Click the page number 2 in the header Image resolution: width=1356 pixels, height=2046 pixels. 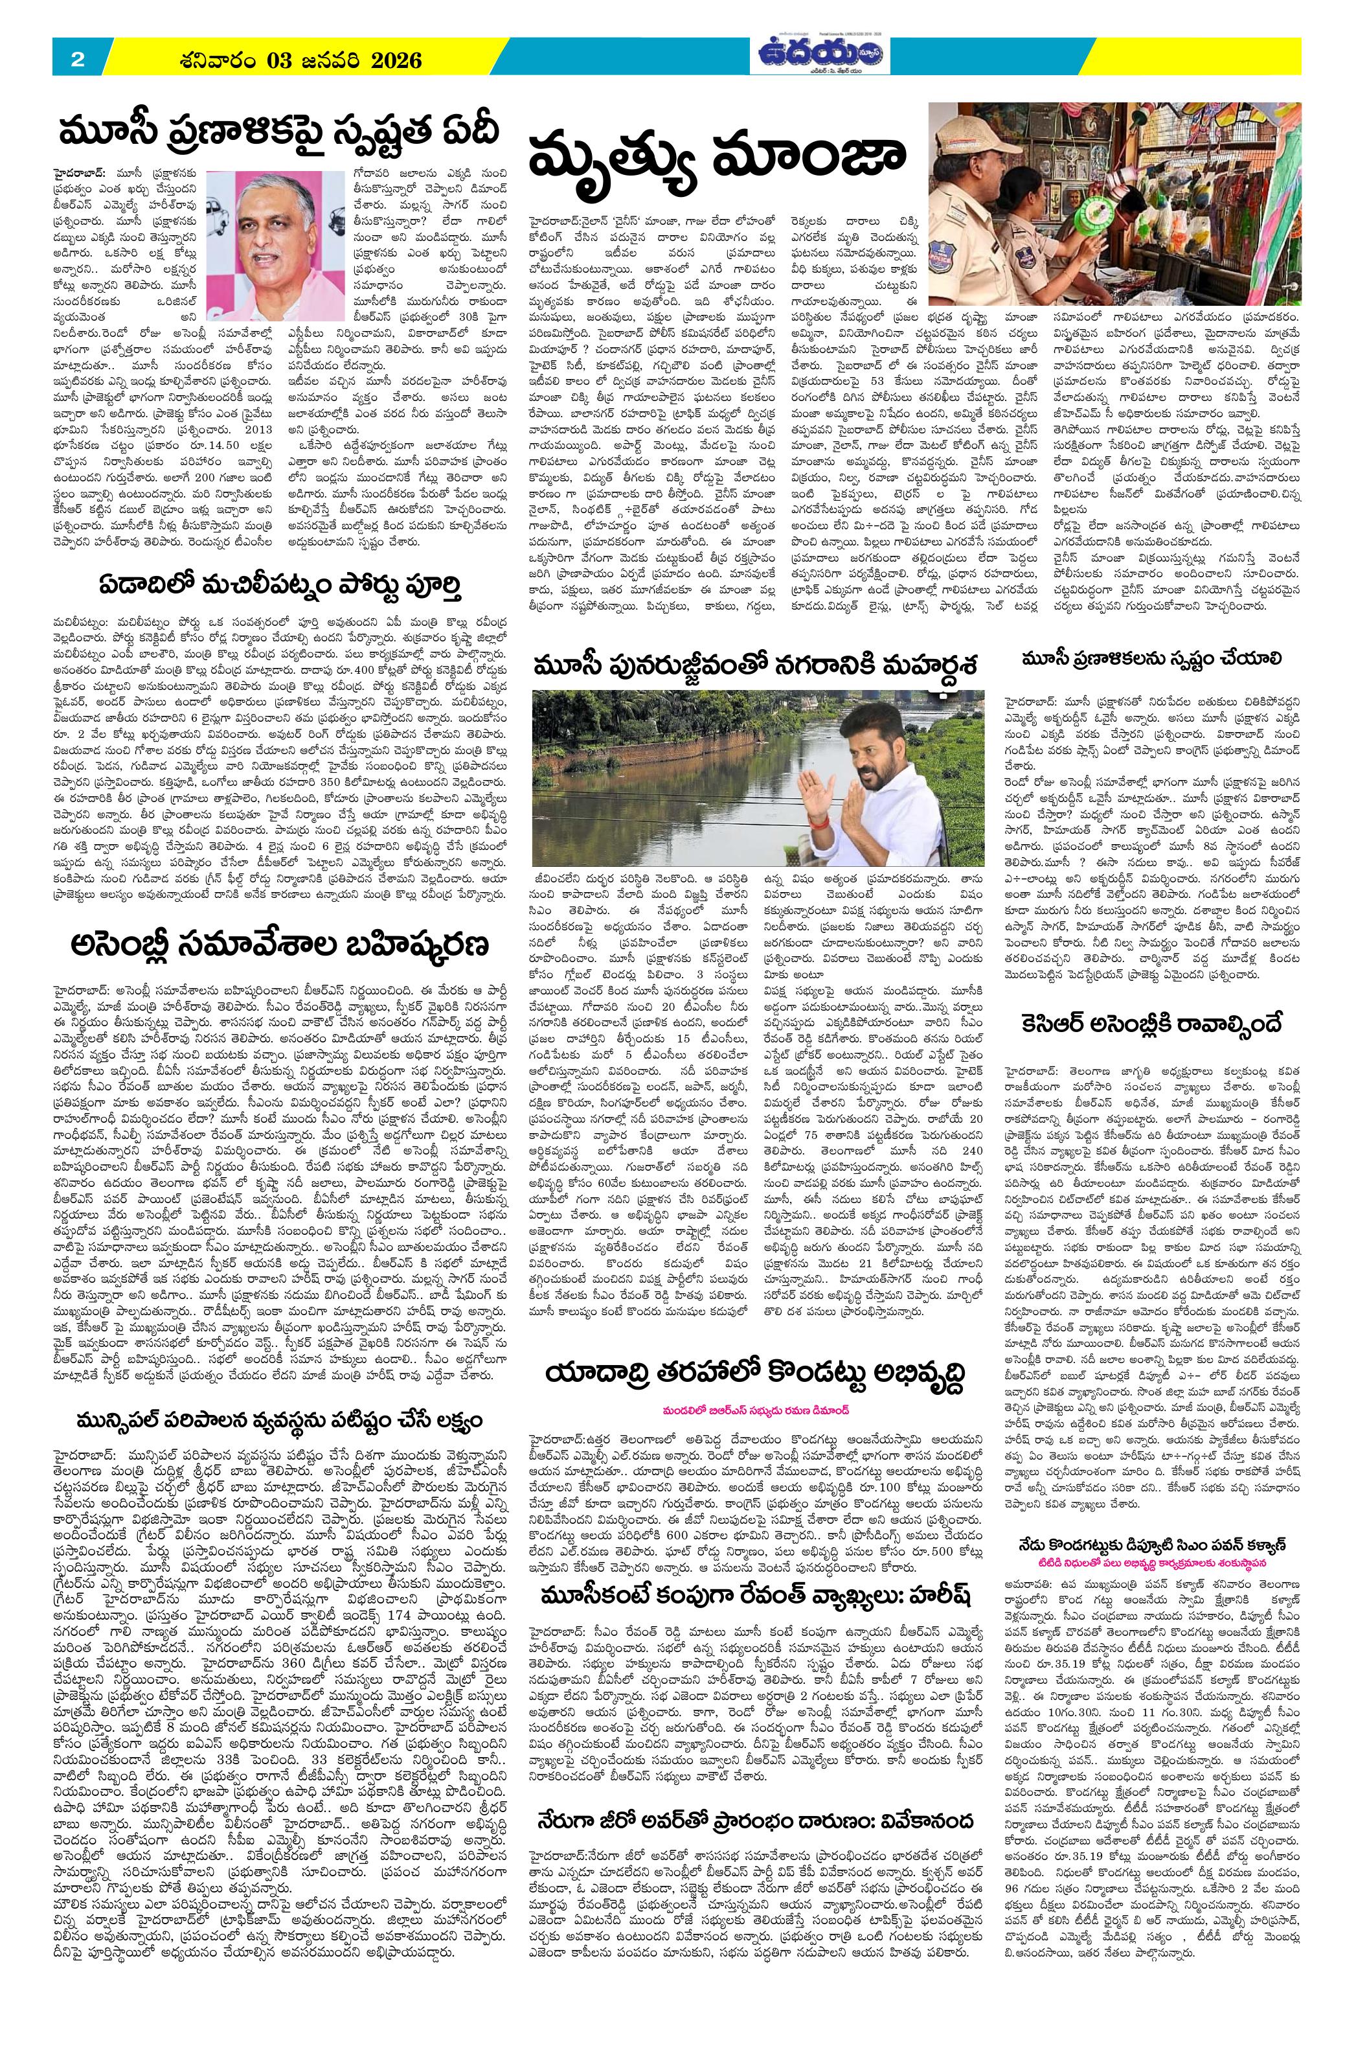[77, 60]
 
